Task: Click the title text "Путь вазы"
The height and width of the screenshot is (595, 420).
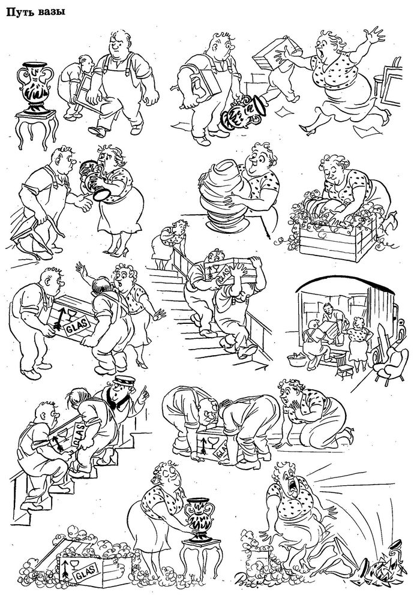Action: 35,12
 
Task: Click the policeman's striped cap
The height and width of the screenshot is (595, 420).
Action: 125,380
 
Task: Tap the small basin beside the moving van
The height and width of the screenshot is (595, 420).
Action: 298,360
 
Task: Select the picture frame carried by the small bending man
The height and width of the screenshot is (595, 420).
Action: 85,95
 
